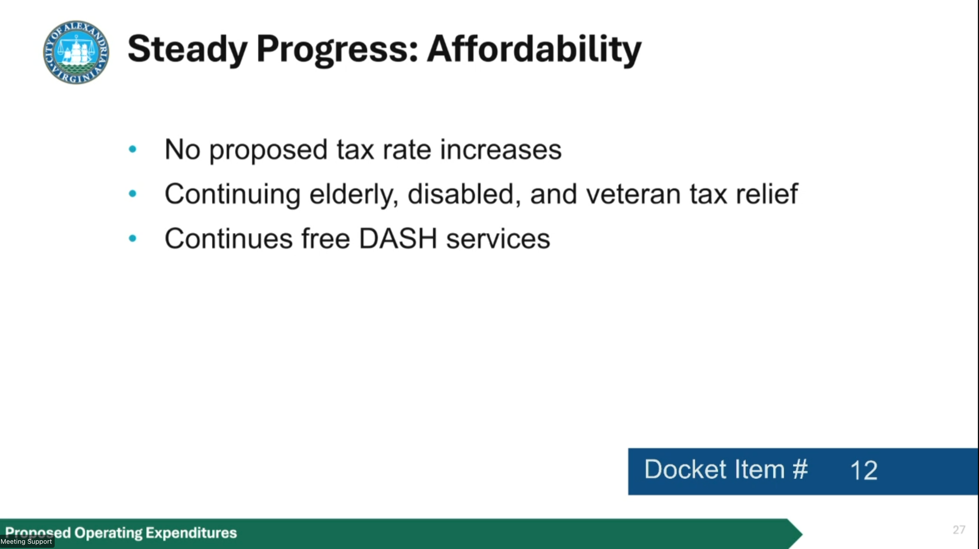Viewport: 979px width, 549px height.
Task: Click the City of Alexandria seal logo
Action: coord(76,52)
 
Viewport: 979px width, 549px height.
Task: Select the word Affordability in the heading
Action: coord(534,49)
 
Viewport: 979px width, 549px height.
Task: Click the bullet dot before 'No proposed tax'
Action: coord(132,149)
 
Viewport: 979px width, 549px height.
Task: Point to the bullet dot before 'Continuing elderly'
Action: coord(132,193)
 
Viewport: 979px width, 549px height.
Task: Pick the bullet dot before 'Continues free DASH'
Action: coord(132,239)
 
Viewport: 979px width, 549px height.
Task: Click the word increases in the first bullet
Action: coord(501,149)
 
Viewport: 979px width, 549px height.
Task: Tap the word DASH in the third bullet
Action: coord(398,239)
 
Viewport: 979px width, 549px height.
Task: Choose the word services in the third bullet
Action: coord(498,239)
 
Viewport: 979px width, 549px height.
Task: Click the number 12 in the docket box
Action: coord(864,471)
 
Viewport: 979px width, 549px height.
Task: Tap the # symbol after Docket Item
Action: coord(800,469)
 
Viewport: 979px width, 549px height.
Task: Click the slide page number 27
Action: coord(959,530)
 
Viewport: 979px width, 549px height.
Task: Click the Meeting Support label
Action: coord(26,542)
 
